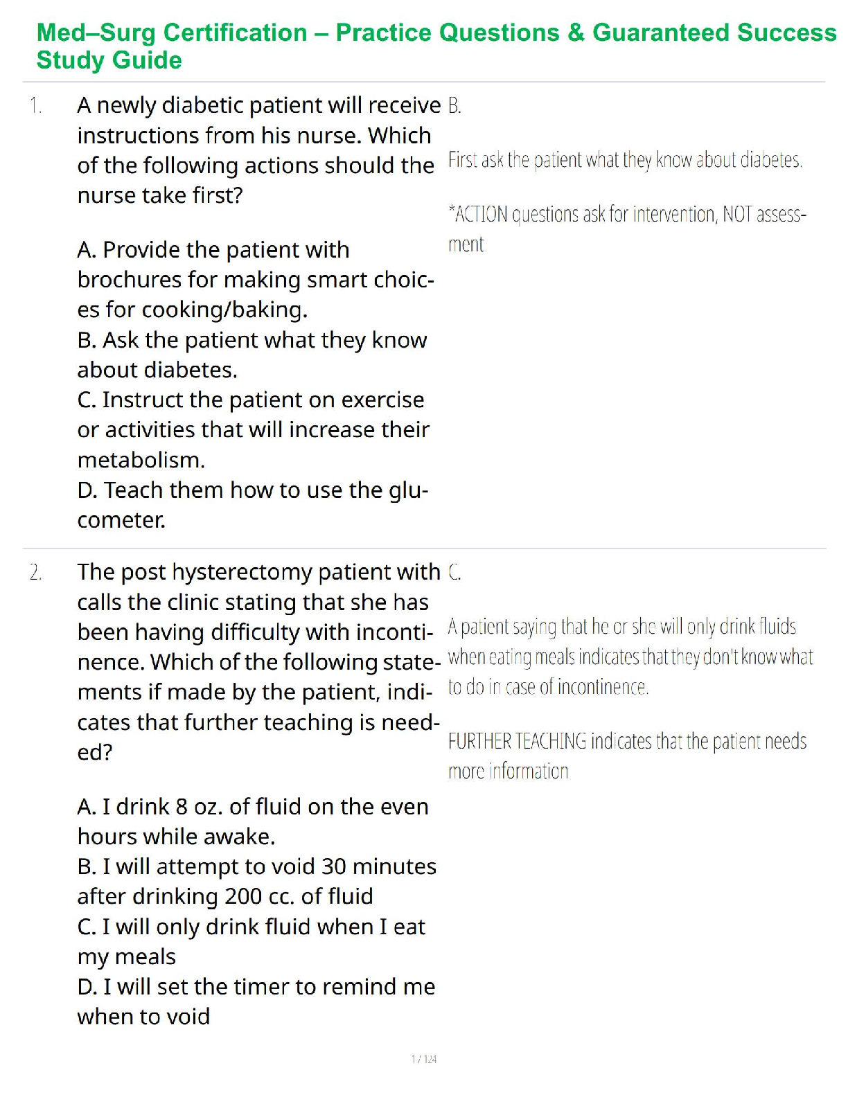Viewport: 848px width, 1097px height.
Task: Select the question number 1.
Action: click(35, 106)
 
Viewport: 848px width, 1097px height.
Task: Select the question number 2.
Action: click(35, 573)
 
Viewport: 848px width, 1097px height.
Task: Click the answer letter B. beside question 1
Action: click(454, 106)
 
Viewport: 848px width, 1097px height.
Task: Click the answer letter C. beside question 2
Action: click(454, 573)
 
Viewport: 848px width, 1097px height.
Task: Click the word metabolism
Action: click(141, 460)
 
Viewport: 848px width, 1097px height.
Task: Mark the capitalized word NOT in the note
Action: click(737, 215)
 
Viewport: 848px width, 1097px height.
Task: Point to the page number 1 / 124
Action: click(424, 1060)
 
